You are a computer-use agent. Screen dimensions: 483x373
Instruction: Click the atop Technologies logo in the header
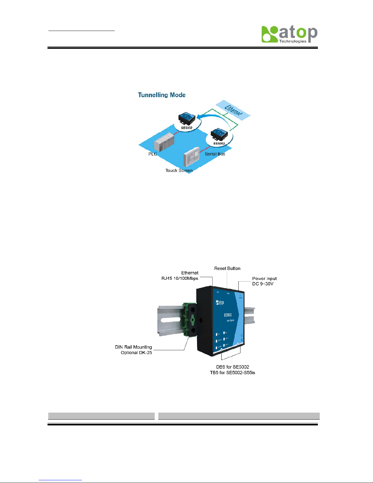(289, 34)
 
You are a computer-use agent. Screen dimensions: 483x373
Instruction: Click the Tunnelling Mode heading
(162, 95)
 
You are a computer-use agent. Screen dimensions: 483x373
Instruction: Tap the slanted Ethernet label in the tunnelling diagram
(233, 110)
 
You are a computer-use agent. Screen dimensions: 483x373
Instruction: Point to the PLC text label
(153, 154)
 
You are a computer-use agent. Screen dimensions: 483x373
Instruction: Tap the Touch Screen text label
(179, 171)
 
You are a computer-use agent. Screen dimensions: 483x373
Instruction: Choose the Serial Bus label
(215, 154)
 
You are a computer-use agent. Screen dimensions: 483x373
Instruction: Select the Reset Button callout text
(227, 268)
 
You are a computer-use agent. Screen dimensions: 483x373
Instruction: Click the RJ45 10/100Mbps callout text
(180, 279)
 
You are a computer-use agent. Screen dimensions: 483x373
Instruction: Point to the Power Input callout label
(264, 279)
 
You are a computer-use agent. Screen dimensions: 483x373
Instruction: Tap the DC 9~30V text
(263, 284)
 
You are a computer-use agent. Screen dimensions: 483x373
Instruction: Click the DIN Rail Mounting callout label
(133, 347)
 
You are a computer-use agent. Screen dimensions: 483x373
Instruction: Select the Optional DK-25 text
(136, 353)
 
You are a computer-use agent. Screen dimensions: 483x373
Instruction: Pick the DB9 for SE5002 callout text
(232, 367)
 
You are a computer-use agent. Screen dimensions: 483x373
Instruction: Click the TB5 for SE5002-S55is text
(232, 373)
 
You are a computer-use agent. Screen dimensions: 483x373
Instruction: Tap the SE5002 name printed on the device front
(227, 315)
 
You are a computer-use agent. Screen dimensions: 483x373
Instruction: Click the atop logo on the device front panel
(220, 302)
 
